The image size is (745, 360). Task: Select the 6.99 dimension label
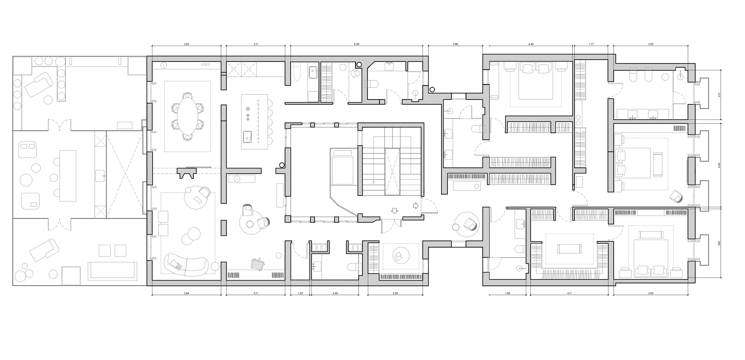(356, 44)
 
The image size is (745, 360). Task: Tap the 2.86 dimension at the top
(455, 44)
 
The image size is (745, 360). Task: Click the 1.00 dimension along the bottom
(300, 293)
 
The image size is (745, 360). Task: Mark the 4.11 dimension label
(570, 293)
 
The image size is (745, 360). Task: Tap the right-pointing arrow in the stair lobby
(416, 205)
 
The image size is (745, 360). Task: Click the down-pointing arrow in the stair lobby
(395, 211)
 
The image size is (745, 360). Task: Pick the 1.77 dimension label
(591, 44)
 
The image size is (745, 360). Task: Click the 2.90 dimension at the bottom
(395, 293)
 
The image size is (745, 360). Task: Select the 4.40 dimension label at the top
(531, 44)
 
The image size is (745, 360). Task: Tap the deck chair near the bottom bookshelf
(258, 264)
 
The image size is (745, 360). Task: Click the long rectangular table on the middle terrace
(68, 176)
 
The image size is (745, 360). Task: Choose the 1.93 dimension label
(507, 293)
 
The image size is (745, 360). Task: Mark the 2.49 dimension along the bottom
(335, 293)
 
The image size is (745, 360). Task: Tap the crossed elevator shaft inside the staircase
(392, 172)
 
